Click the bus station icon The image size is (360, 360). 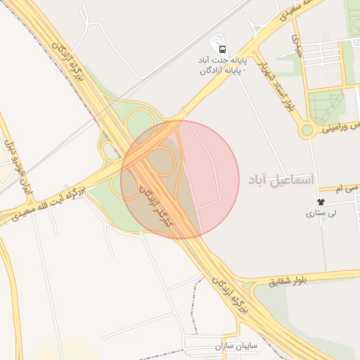[x=222, y=49]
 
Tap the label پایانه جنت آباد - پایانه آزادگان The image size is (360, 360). [x=222, y=65]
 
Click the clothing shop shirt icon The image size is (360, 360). [x=320, y=202]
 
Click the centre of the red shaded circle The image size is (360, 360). [x=180, y=179]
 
